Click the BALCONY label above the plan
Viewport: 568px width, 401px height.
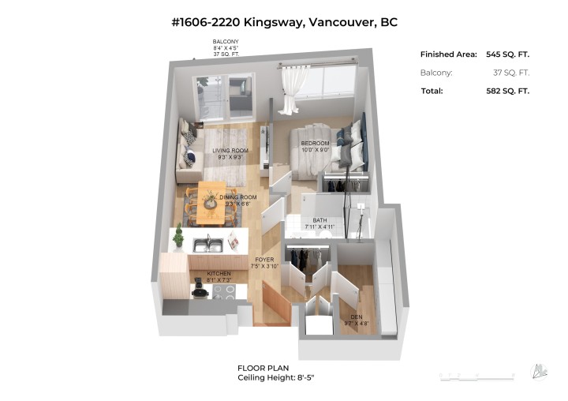coord(225,41)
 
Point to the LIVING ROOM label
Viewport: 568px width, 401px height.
coord(230,150)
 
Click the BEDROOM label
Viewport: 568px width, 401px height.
coord(315,143)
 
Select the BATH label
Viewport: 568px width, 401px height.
coord(319,221)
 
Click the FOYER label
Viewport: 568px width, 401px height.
coord(263,259)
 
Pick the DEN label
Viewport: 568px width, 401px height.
coord(357,316)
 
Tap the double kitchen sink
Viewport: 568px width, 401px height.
coord(208,245)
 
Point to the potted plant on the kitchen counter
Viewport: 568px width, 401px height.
coord(179,236)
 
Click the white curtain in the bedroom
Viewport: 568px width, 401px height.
coord(293,87)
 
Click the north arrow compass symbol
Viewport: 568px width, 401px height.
coord(541,370)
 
